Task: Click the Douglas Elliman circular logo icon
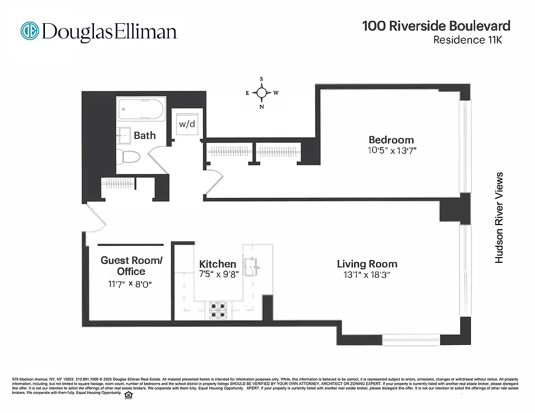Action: pos(30,30)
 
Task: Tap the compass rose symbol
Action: pos(262,93)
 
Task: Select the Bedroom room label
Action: pos(391,139)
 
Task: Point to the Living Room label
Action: pos(367,264)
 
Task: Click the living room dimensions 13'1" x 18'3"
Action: pos(367,275)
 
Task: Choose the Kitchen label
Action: pos(217,264)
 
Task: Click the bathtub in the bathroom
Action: pos(140,109)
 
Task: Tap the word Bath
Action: pos(145,135)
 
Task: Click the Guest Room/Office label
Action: pos(131,266)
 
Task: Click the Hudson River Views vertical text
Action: pos(499,218)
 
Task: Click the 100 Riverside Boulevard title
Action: pos(436,26)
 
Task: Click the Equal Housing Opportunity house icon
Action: pos(129,395)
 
